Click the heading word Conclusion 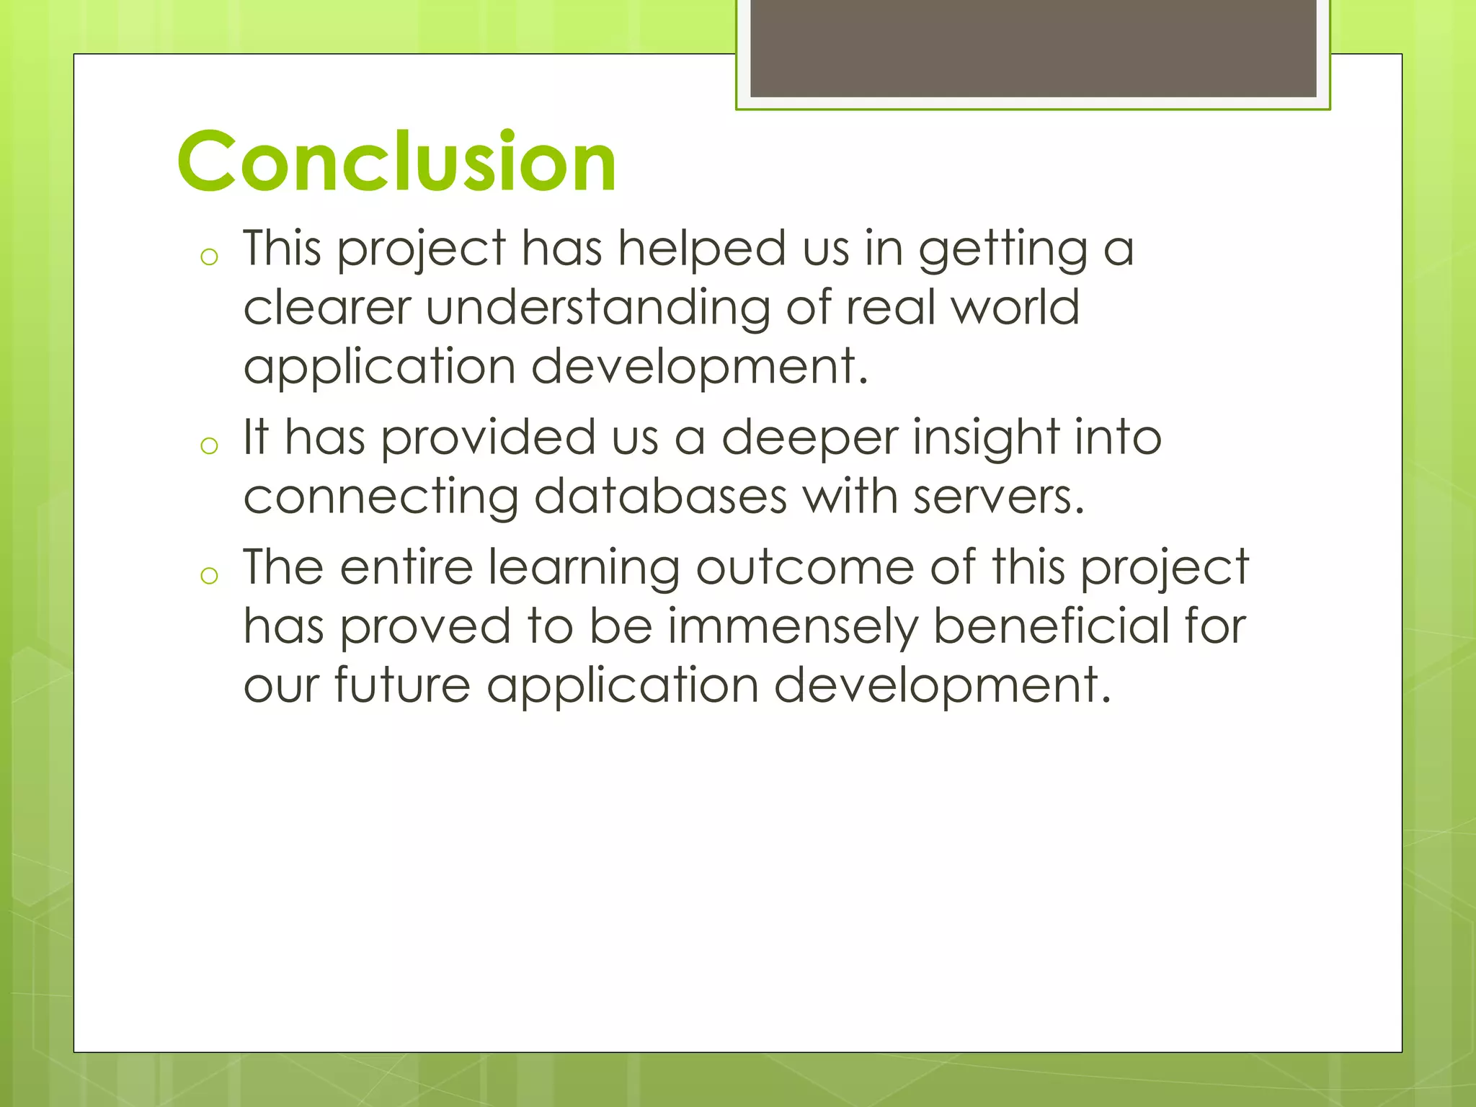click(x=396, y=161)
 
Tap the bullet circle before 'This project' click(x=209, y=257)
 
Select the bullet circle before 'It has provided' click(x=209, y=446)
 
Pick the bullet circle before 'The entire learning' click(x=209, y=576)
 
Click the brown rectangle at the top click(x=1033, y=48)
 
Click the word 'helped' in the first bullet click(x=701, y=249)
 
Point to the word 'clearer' click(x=326, y=308)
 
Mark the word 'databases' click(x=660, y=497)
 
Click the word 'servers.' click(x=998, y=497)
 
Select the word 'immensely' click(x=793, y=627)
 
